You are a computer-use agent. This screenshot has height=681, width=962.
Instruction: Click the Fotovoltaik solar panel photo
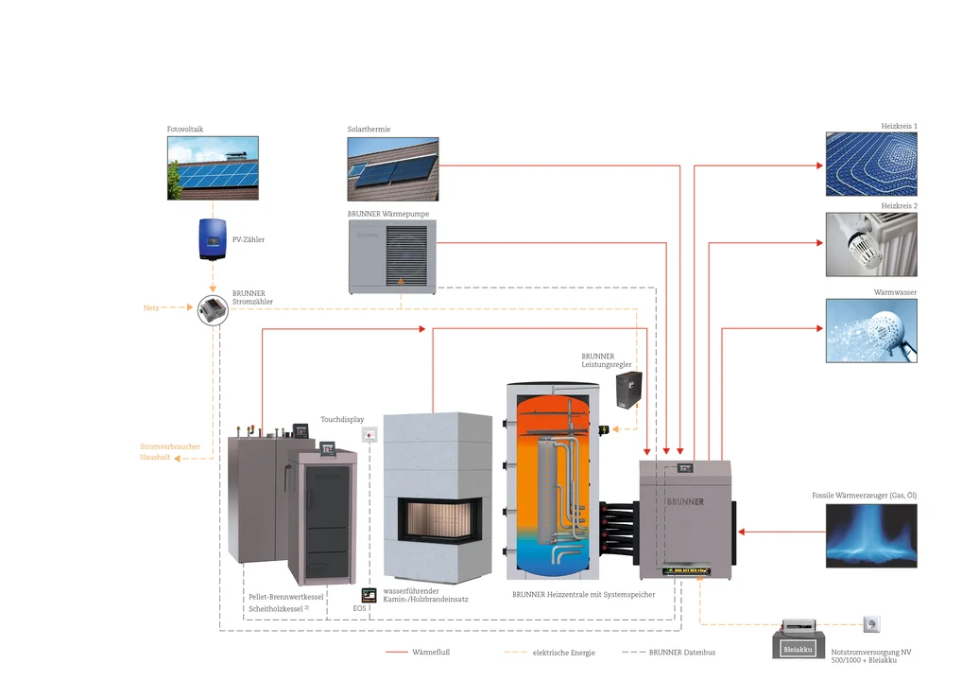213,167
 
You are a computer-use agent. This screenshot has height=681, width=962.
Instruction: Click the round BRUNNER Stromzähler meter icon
213,309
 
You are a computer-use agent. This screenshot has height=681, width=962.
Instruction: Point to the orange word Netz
150,308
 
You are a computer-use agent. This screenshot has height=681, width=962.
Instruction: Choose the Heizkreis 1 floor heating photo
870,164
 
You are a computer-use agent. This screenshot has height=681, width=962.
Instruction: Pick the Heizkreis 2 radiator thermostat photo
870,243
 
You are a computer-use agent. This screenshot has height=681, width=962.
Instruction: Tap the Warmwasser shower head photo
870,330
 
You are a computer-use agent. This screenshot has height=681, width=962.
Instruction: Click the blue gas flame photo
870,534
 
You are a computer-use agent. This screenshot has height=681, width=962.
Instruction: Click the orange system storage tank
553,482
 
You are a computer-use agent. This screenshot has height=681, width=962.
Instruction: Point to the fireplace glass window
439,522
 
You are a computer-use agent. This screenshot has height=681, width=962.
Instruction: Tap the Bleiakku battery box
797,648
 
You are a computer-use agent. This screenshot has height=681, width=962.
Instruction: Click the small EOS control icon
369,594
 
